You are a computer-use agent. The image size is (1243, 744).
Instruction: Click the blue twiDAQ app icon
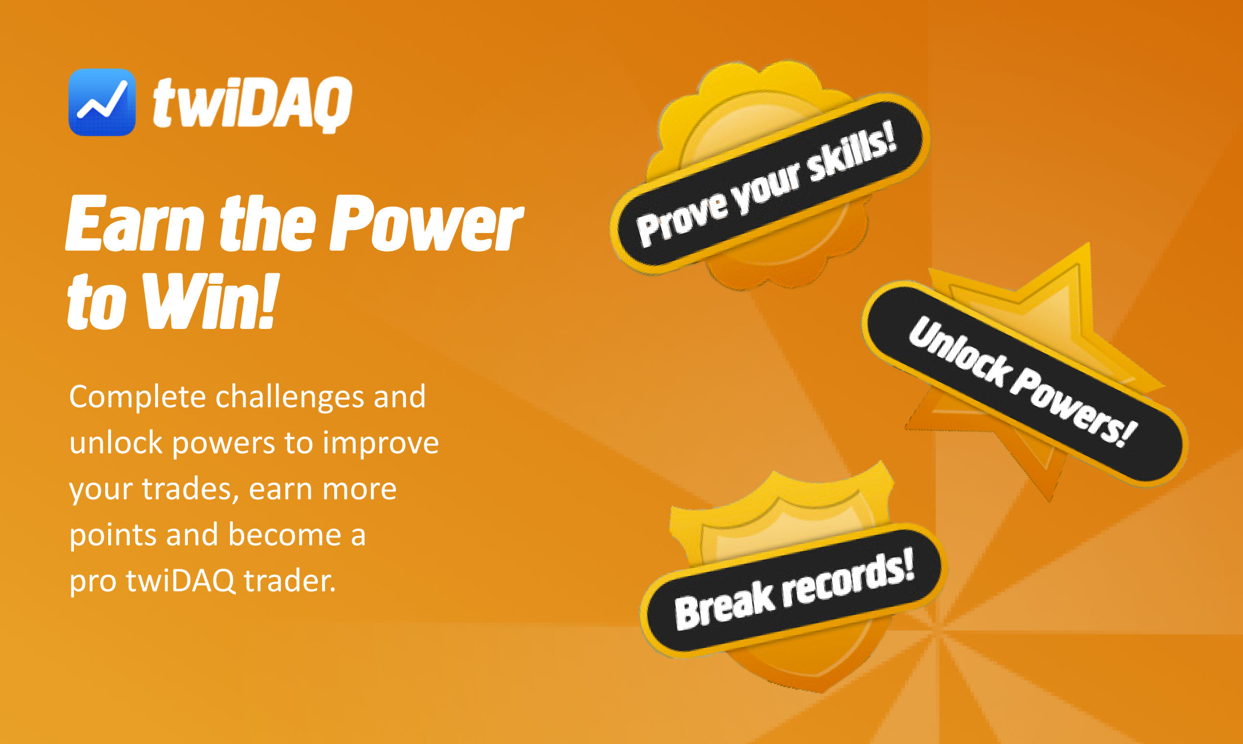[x=102, y=102]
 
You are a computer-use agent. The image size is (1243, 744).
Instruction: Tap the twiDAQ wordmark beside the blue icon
[x=253, y=105]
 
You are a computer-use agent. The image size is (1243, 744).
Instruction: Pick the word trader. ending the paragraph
[x=290, y=581]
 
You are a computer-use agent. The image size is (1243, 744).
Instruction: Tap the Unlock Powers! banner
[x=1024, y=384]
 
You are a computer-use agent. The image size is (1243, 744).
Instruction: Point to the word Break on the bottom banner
[x=725, y=605]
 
